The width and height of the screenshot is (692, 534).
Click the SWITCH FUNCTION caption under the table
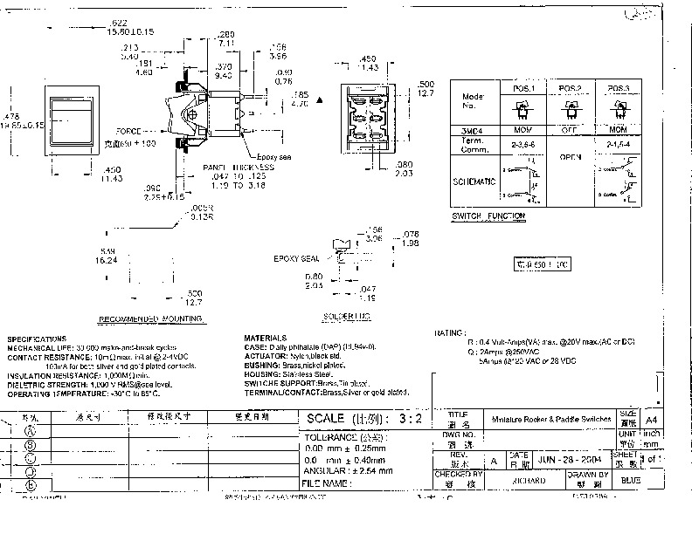(x=488, y=216)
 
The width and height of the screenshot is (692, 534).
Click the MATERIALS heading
(x=265, y=338)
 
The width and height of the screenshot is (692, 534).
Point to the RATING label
(x=451, y=332)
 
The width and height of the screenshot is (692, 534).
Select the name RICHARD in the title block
(x=528, y=480)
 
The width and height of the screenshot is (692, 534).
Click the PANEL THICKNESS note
(x=239, y=166)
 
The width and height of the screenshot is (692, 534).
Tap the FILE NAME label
(x=328, y=482)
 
